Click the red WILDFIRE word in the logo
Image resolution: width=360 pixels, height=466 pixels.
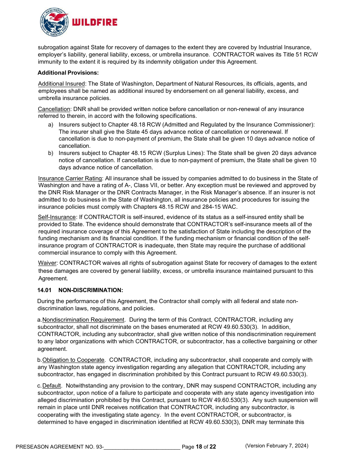tap(94, 22)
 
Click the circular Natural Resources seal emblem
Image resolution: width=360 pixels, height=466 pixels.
tap(55, 22)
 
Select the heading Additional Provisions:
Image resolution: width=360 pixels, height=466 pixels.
tap(68, 72)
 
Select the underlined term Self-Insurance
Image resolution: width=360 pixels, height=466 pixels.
tap(57, 217)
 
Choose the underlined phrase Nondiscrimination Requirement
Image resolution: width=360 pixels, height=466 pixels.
tap(83, 320)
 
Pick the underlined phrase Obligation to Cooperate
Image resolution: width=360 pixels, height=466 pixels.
tap(73, 360)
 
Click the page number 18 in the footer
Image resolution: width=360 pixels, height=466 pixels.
tap(199, 447)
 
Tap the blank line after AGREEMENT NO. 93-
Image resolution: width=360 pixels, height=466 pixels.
tap(142, 447)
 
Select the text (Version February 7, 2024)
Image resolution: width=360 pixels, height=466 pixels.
tap(277, 446)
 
